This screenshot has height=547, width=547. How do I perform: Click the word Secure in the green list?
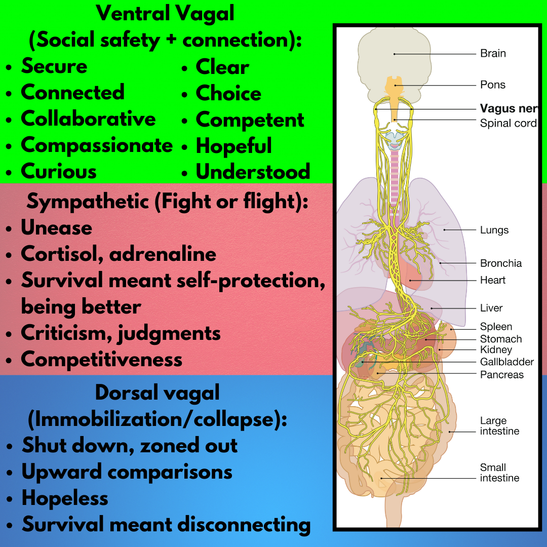pyautogui.click(x=54, y=66)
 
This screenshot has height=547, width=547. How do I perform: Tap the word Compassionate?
pyautogui.click(x=97, y=145)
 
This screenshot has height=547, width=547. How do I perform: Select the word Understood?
pyautogui.click(x=253, y=172)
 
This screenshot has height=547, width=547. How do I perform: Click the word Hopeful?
pyautogui.click(x=233, y=146)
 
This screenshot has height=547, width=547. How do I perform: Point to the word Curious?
pyautogui.click(x=58, y=172)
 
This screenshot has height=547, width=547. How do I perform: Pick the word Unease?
pyautogui.click(x=56, y=228)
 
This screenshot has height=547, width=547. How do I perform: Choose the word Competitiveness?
pyautogui.click(x=101, y=360)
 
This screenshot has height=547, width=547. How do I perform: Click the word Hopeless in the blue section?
pyautogui.click(x=64, y=498)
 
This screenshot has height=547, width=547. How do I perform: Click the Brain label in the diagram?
pyautogui.click(x=493, y=54)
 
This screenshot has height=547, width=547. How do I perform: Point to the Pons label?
pyautogui.click(x=492, y=85)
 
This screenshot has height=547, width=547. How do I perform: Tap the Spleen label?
pyautogui.click(x=496, y=327)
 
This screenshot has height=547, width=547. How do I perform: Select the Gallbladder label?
pyautogui.click(x=506, y=362)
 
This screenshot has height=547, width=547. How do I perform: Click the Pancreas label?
pyautogui.click(x=501, y=375)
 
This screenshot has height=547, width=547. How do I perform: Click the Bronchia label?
pyautogui.click(x=500, y=263)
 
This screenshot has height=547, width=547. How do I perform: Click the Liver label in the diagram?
pyautogui.click(x=491, y=308)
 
